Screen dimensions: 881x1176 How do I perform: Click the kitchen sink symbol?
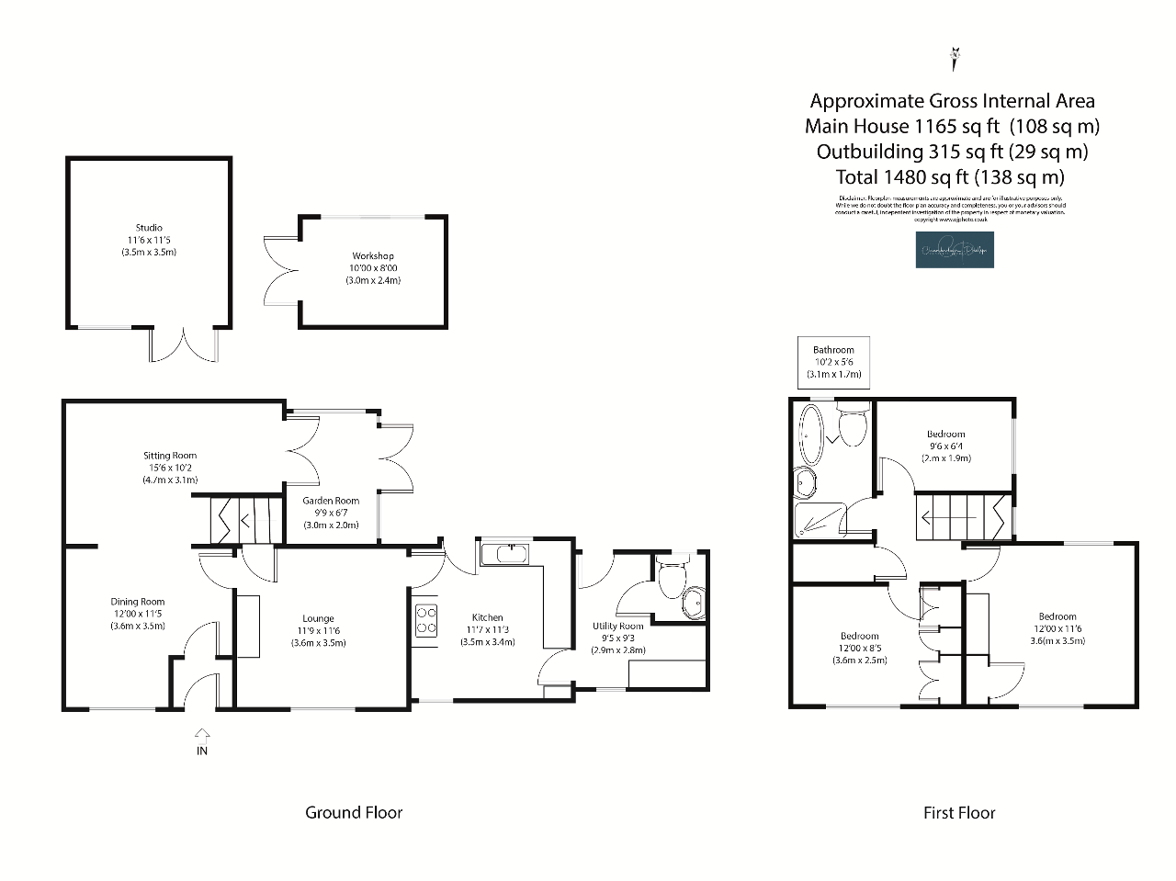[x=503, y=554]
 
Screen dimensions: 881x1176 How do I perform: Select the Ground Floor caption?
[x=354, y=812]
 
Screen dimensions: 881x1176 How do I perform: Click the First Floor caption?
[x=959, y=812]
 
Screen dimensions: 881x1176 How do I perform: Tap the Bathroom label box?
[x=833, y=362]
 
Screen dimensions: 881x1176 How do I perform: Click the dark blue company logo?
[x=955, y=250]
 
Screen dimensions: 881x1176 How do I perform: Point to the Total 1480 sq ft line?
[x=950, y=177]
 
